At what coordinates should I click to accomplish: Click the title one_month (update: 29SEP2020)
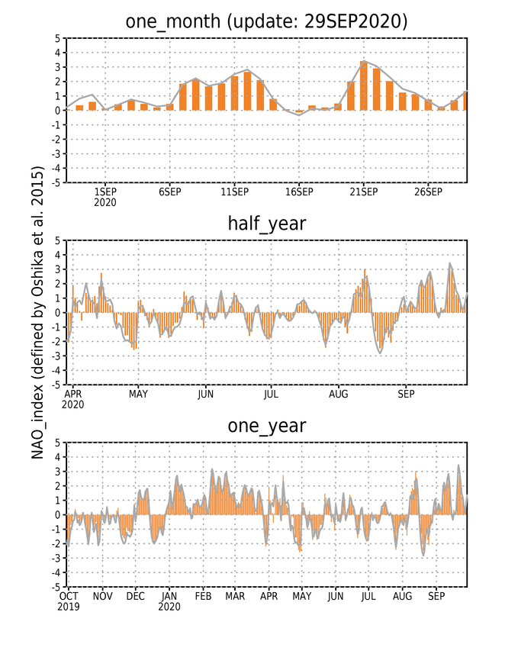click(x=266, y=21)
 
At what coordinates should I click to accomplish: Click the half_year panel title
click(x=266, y=224)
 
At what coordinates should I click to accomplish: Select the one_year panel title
click(x=266, y=426)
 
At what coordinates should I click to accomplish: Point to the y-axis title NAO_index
click(x=37, y=313)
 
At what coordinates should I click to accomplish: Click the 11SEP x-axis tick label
click(x=234, y=192)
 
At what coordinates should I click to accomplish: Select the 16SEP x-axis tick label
click(x=299, y=192)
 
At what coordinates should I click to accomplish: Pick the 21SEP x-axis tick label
click(x=364, y=192)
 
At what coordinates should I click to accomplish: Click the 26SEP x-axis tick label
click(x=428, y=192)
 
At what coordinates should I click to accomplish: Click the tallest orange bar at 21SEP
click(x=364, y=86)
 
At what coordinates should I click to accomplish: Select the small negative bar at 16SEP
click(x=299, y=111)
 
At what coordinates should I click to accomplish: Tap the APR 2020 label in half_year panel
click(x=73, y=399)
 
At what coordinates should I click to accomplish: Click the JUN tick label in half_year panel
click(x=206, y=394)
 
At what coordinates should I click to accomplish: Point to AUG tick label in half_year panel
click(x=338, y=394)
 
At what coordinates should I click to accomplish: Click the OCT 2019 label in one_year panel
click(x=69, y=601)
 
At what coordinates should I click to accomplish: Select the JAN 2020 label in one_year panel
click(x=169, y=601)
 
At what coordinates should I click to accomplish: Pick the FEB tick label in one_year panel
click(x=203, y=597)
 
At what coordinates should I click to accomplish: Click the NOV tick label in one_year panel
click(x=102, y=597)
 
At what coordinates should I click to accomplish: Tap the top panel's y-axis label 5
click(x=57, y=38)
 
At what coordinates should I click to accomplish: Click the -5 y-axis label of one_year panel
click(x=56, y=587)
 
